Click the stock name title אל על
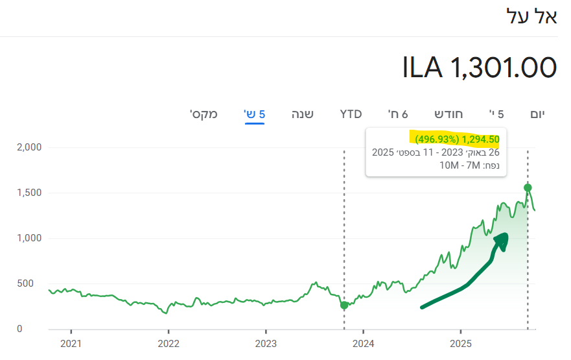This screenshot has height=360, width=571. click(x=531, y=16)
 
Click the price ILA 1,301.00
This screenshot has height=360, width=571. click(x=480, y=67)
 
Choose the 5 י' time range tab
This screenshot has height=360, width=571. click(x=496, y=115)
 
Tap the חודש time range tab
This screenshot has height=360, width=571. click(x=449, y=115)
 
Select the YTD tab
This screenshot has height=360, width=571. click(x=351, y=115)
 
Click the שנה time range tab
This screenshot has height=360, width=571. click(x=302, y=115)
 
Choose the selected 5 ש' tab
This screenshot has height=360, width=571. click(x=254, y=115)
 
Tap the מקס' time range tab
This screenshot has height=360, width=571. click(x=204, y=115)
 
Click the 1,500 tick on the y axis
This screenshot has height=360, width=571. click(x=28, y=193)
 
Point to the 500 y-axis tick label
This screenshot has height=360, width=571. click(x=31, y=283)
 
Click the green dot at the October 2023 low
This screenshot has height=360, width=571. click(x=344, y=305)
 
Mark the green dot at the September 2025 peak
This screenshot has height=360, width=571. click(x=528, y=187)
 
